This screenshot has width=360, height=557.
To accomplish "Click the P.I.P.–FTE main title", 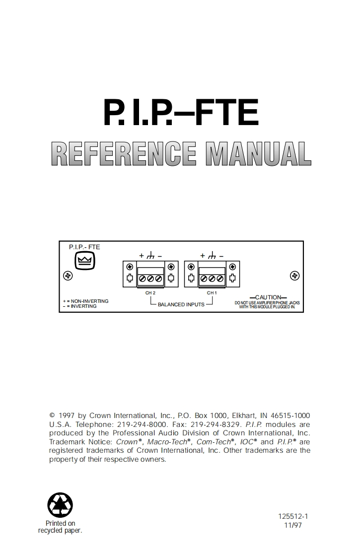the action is pyautogui.click(x=181, y=113).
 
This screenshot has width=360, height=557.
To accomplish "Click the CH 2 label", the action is pyautogui.click(x=150, y=293).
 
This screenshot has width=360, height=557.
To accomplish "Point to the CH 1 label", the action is pyautogui.click(x=212, y=293).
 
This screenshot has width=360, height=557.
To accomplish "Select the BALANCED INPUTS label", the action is pyautogui.click(x=181, y=304).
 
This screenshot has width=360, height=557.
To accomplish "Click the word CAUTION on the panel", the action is pyautogui.click(x=268, y=297).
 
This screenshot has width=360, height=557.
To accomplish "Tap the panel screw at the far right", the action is pyautogui.click(x=294, y=276).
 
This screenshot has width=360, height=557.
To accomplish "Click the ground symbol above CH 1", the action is pyautogui.click(x=212, y=256).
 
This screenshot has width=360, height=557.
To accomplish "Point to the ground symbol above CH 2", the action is pyautogui.click(x=150, y=256).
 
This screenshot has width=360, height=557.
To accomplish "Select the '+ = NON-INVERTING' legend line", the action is pyautogui.click(x=85, y=301).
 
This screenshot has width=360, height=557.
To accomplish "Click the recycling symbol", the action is pyautogui.click(x=60, y=504).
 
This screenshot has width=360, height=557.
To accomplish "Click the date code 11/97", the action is pyautogui.click(x=293, y=525).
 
